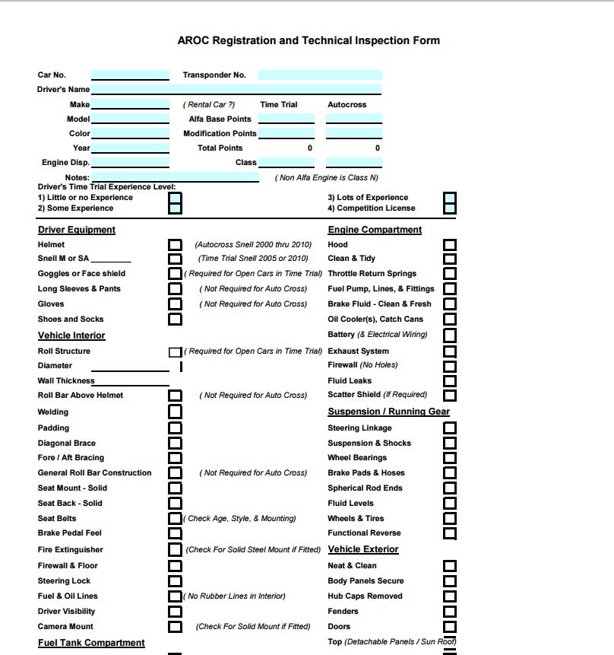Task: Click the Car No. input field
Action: tap(130, 75)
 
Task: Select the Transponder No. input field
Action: tap(320, 75)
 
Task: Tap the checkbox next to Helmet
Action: tap(176, 245)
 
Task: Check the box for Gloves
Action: tap(176, 304)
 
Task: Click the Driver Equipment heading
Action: tap(77, 230)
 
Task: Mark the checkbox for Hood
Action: tap(450, 245)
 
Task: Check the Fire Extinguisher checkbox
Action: tap(176, 550)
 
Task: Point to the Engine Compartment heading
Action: tap(375, 230)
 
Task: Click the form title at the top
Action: tap(309, 40)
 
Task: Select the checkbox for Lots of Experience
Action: tap(450, 198)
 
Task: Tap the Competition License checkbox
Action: tap(450, 208)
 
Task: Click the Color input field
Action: tap(130, 133)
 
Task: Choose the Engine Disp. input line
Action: tap(130, 162)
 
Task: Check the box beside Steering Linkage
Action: tap(450, 428)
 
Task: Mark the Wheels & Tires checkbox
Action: tap(450, 519)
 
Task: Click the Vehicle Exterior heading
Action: tap(363, 549)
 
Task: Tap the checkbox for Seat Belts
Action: tap(176, 519)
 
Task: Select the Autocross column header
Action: tap(347, 104)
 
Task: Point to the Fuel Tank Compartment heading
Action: tap(91, 643)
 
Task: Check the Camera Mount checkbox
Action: tap(176, 627)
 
